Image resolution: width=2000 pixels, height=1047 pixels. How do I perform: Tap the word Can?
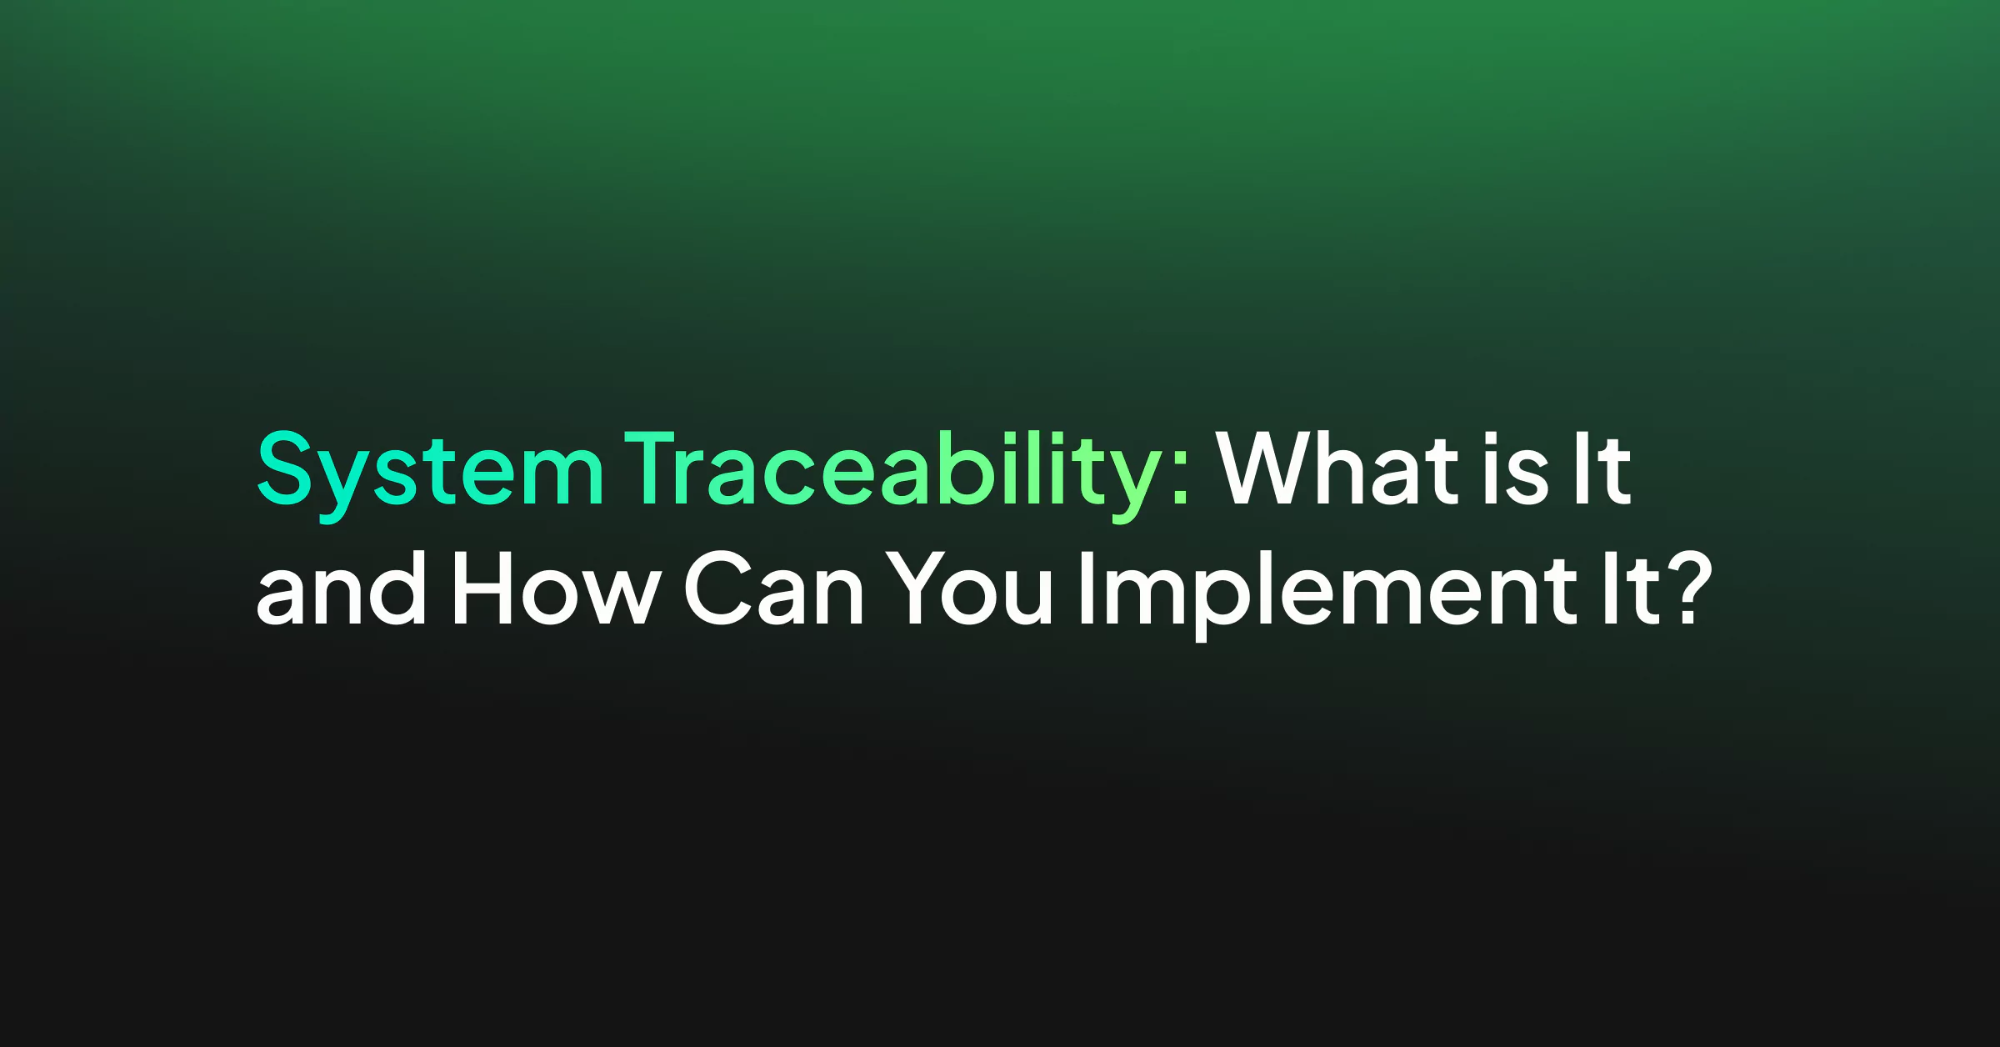[774, 588]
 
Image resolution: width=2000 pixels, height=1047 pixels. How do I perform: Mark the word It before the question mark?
[1632, 588]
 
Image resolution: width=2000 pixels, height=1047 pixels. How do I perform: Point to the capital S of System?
[284, 468]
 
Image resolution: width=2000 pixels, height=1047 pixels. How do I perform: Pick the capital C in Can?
[718, 588]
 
